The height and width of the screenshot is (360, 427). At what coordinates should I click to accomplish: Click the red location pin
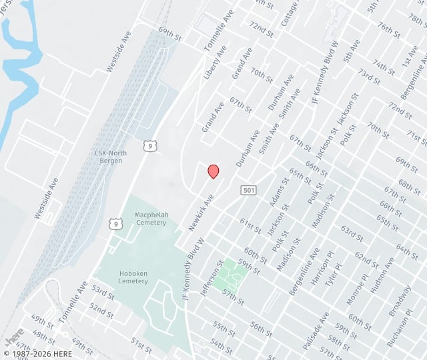click(x=213, y=171)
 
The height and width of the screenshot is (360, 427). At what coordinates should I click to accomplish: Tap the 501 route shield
click(x=248, y=191)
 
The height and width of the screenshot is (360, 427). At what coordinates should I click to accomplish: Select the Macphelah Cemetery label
click(x=150, y=219)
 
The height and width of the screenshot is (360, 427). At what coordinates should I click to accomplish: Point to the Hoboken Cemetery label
click(x=133, y=277)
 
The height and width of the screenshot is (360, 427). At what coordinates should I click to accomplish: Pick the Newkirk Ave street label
click(x=200, y=213)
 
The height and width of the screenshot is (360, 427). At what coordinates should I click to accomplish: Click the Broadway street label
click(x=400, y=300)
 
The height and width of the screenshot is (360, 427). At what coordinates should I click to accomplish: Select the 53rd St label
click(x=103, y=291)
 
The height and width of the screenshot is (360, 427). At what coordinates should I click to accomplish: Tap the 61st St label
click(x=251, y=226)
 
